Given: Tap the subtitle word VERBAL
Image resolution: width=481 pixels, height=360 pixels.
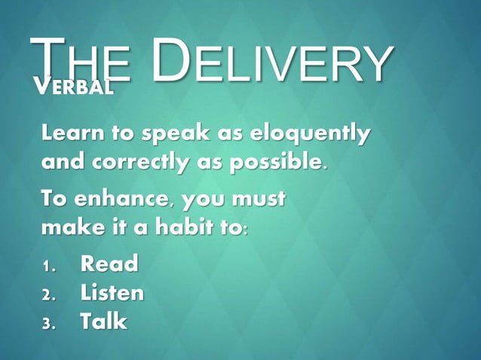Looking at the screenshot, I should (75, 87).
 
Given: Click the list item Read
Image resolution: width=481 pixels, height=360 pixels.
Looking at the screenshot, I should (109, 264).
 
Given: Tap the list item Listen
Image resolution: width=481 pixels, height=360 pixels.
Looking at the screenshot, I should (112, 293).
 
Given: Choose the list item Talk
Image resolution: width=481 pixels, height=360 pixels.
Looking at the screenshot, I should (104, 322).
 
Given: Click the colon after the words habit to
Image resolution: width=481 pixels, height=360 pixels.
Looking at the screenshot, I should (242, 228).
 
